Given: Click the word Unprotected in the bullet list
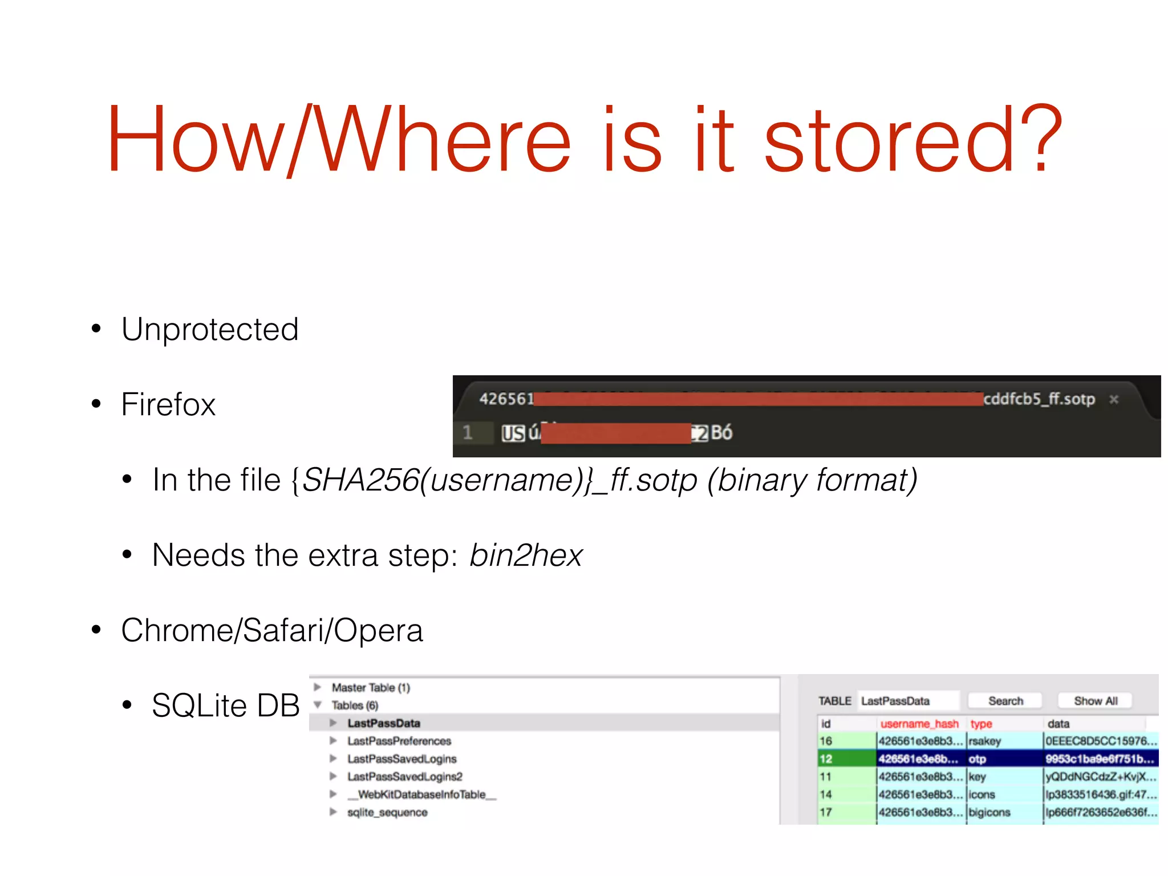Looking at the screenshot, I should (210, 330).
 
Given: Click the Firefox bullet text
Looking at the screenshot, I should (168, 405).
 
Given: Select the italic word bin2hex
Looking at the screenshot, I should (525, 555).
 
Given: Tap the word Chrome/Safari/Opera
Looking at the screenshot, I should (272, 631).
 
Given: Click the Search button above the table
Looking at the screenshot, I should (1005, 701).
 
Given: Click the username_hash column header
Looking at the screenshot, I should (919, 724).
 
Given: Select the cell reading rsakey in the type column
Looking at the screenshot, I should (985, 741).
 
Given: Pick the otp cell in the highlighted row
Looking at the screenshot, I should (978, 759).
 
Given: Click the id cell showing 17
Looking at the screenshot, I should (826, 812).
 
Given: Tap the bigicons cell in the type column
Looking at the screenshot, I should (989, 812).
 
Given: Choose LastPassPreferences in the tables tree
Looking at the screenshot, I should (399, 741).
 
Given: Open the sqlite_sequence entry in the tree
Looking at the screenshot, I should (387, 812).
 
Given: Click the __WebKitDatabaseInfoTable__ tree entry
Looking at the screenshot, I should (422, 794).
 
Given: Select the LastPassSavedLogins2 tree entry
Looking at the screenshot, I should (405, 777).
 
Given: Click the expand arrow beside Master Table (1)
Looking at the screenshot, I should (318, 687).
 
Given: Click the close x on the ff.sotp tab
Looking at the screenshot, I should (1114, 399).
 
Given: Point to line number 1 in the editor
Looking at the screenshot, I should (468, 432).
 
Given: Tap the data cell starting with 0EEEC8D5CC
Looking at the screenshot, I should (1101, 741).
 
